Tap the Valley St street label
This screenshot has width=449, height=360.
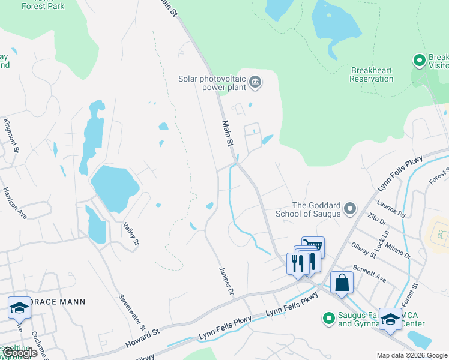[x=131, y=233]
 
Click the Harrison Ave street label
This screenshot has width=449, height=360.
[x=14, y=202]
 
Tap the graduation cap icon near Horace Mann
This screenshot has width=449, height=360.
[x=19, y=308]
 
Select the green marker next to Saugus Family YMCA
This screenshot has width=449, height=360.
[x=328, y=318]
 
